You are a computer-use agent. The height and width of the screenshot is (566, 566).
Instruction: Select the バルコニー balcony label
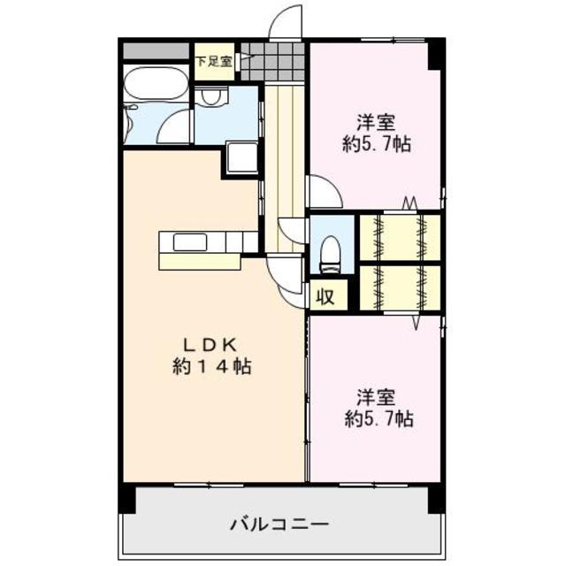[279, 524]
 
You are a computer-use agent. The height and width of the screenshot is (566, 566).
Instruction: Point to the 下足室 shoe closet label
[213, 62]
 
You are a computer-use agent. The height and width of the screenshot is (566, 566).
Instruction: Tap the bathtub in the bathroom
[157, 87]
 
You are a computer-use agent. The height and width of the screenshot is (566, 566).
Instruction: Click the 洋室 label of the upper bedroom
[376, 123]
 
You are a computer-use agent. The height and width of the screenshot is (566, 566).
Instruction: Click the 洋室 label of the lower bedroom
[376, 395]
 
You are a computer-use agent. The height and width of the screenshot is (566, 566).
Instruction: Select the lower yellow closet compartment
[399, 285]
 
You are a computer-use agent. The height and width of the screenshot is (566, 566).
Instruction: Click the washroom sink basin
[210, 98]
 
